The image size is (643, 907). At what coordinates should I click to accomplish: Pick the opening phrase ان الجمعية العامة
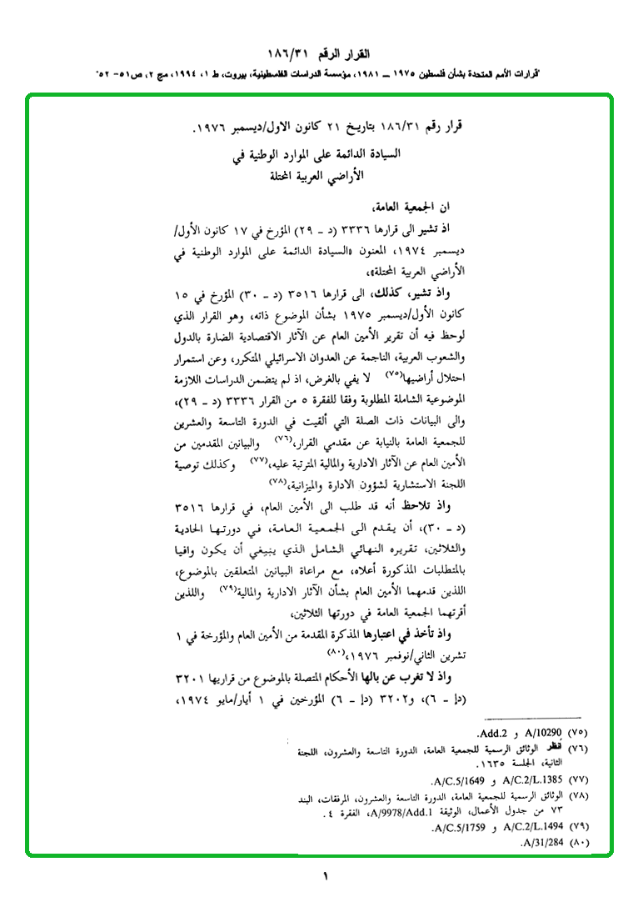coord(415,208)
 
